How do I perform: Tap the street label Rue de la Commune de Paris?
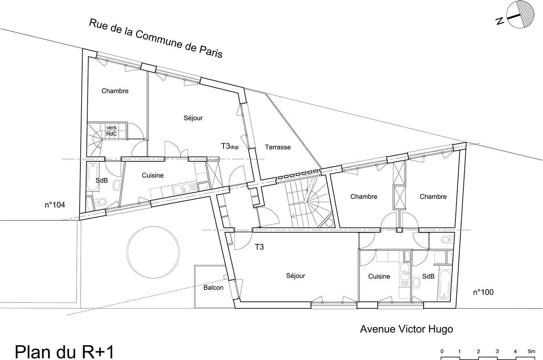pyautogui.click(x=156, y=39)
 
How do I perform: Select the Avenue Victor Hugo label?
pyautogui.click(x=407, y=329)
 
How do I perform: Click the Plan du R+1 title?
pyautogui.click(x=64, y=352)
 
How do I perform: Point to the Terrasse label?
pyautogui.click(x=278, y=147)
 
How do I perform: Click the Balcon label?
pyautogui.click(x=213, y=288)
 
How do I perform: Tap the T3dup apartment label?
pyautogui.click(x=230, y=146)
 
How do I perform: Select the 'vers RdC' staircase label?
pyautogui.click(x=111, y=131)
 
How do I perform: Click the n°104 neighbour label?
pyautogui.click(x=55, y=205)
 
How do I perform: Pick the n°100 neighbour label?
pyautogui.click(x=483, y=292)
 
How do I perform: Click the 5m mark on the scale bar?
pyautogui.click(x=531, y=351)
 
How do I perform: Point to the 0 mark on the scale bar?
pyautogui.click(x=442, y=352)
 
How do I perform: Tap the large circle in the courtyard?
pyautogui.click(x=153, y=252)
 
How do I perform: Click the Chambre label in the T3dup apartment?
pyautogui.click(x=115, y=91)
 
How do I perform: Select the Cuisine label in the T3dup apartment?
pyautogui.click(x=152, y=175)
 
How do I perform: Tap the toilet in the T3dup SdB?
pyautogui.click(x=101, y=201)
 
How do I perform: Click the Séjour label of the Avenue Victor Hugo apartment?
pyautogui.click(x=295, y=276)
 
